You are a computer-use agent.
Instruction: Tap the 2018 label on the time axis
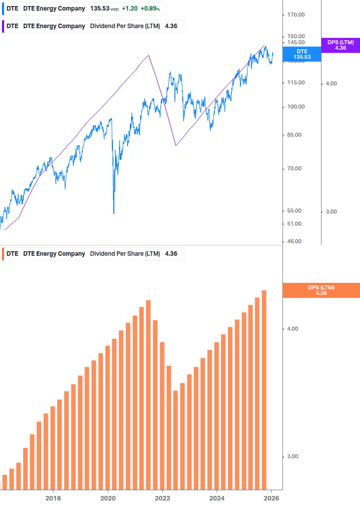pyautogui.click(x=53, y=498)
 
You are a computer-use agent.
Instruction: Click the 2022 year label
pyautogui.click(x=163, y=498)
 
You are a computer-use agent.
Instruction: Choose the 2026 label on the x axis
pyautogui.click(x=272, y=498)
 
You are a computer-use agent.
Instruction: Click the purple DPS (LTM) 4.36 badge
pyautogui.click(x=341, y=45)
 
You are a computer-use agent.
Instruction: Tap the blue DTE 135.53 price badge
pyautogui.click(x=302, y=54)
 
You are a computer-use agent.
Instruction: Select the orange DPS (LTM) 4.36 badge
pyautogui.click(x=321, y=290)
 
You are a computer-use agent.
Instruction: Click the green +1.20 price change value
pyautogui.click(x=131, y=9)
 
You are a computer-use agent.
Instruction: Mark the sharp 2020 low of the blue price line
pyautogui.click(x=113, y=213)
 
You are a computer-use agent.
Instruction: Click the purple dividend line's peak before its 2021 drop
pyautogui.click(x=149, y=55)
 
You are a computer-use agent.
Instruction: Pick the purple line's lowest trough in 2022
pyautogui.click(x=176, y=145)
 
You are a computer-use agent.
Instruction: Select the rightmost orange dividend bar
pyautogui.click(x=264, y=389)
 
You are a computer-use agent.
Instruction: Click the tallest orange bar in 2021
pyautogui.click(x=148, y=394)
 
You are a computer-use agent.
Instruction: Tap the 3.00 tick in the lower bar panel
pyautogui.click(x=292, y=456)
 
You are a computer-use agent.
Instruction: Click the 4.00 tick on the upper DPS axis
pyautogui.click(x=331, y=83)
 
